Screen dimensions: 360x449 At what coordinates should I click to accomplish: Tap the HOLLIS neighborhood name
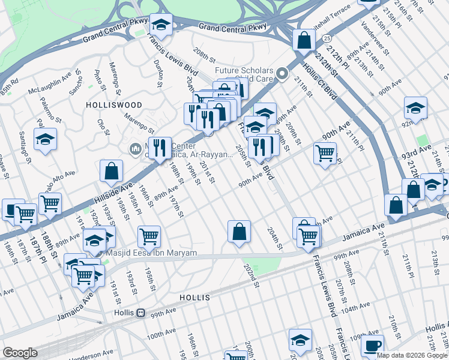click(x=194, y=298)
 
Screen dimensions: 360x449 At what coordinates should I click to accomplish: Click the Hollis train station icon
click(x=140, y=313)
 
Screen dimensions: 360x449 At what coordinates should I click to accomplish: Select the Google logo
click(x=20, y=353)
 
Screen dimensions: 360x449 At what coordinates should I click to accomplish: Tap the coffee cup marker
click(x=373, y=347)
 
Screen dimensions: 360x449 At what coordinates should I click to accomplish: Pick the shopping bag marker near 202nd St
click(x=239, y=231)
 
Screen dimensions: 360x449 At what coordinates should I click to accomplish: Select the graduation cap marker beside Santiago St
click(x=45, y=140)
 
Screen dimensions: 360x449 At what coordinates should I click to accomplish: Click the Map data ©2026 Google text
click(x=412, y=355)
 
